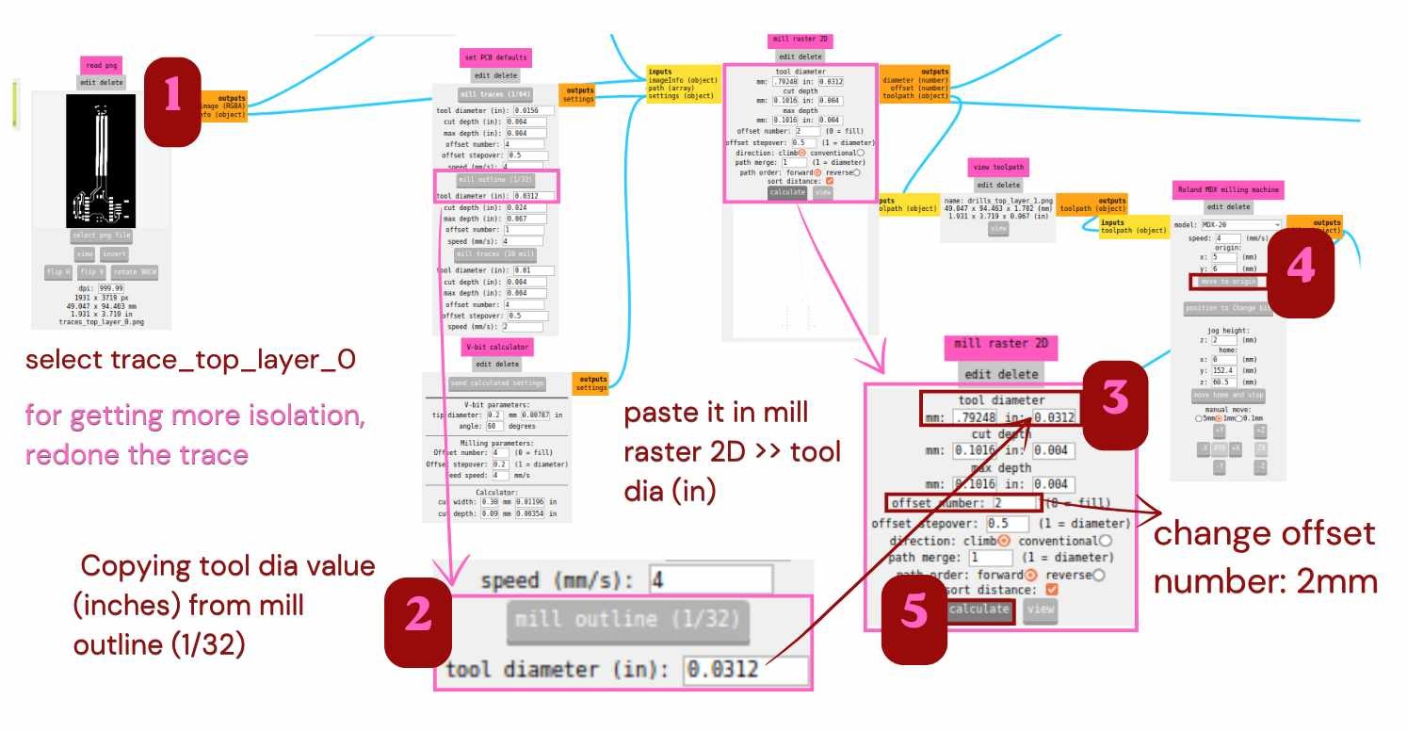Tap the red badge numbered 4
tap(1300, 270)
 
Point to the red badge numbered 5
tap(914, 613)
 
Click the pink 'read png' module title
tap(100, 65)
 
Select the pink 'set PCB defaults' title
tap(495, 57)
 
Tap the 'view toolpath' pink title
tap(997, 168)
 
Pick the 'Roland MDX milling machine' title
tap(1228, 190)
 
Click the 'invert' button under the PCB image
tap(115, 254)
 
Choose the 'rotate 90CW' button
tap(136, 272)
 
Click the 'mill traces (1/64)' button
tap(495, 94)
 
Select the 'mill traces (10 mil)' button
tap(495, 254)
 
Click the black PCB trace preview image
tap(101, 161)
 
